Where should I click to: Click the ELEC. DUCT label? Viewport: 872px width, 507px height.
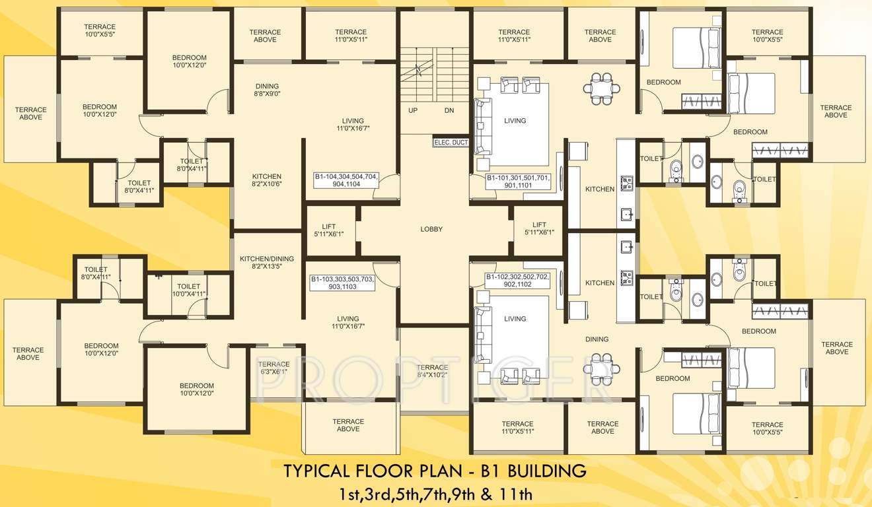[x=451, y=142]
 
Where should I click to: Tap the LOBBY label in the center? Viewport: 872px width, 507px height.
[x=431, y=229]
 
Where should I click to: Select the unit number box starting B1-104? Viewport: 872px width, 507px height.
[x=346, y=180]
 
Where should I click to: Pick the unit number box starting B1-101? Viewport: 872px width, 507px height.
[x=519, y=182]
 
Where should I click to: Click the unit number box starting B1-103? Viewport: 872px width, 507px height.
[x=342, y=283]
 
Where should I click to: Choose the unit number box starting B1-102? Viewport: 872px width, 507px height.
[x=517, y=281]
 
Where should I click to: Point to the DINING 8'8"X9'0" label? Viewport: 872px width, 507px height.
[x=267, y=90]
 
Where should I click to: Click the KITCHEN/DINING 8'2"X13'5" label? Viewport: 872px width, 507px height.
[x=267, y=263]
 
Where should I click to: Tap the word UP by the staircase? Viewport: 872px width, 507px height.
[x=413, y=110]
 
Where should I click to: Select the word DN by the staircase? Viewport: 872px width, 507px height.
[x=449, y=110]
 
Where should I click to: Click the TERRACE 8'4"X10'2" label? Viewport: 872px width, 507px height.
[x=433, y=371]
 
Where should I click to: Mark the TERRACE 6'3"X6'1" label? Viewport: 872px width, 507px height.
[x=273, y=368]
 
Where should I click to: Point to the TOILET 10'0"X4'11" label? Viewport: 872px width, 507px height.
[x=188, y=290]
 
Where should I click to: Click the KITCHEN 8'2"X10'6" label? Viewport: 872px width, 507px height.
[x=267, y=180]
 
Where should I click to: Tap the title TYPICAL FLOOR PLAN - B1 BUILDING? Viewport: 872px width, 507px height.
[x=435, y=471]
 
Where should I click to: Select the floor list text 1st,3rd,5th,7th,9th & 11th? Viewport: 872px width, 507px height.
[x=435, y=493]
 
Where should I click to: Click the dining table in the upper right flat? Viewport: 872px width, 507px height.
[x=601, y=88]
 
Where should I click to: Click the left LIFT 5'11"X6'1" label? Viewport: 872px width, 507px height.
[x=328, y=229]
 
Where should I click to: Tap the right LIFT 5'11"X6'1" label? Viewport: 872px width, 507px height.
[x=539, y=228]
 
